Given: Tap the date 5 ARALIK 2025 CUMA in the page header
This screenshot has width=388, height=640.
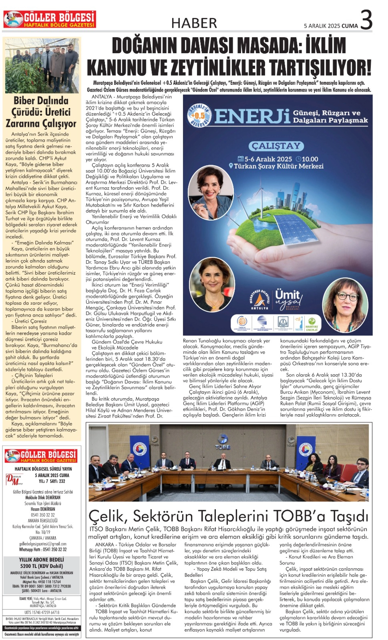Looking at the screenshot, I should click(x=331, y=26).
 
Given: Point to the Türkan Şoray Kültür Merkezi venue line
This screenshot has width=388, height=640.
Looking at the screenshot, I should click(x=276, y=166).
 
